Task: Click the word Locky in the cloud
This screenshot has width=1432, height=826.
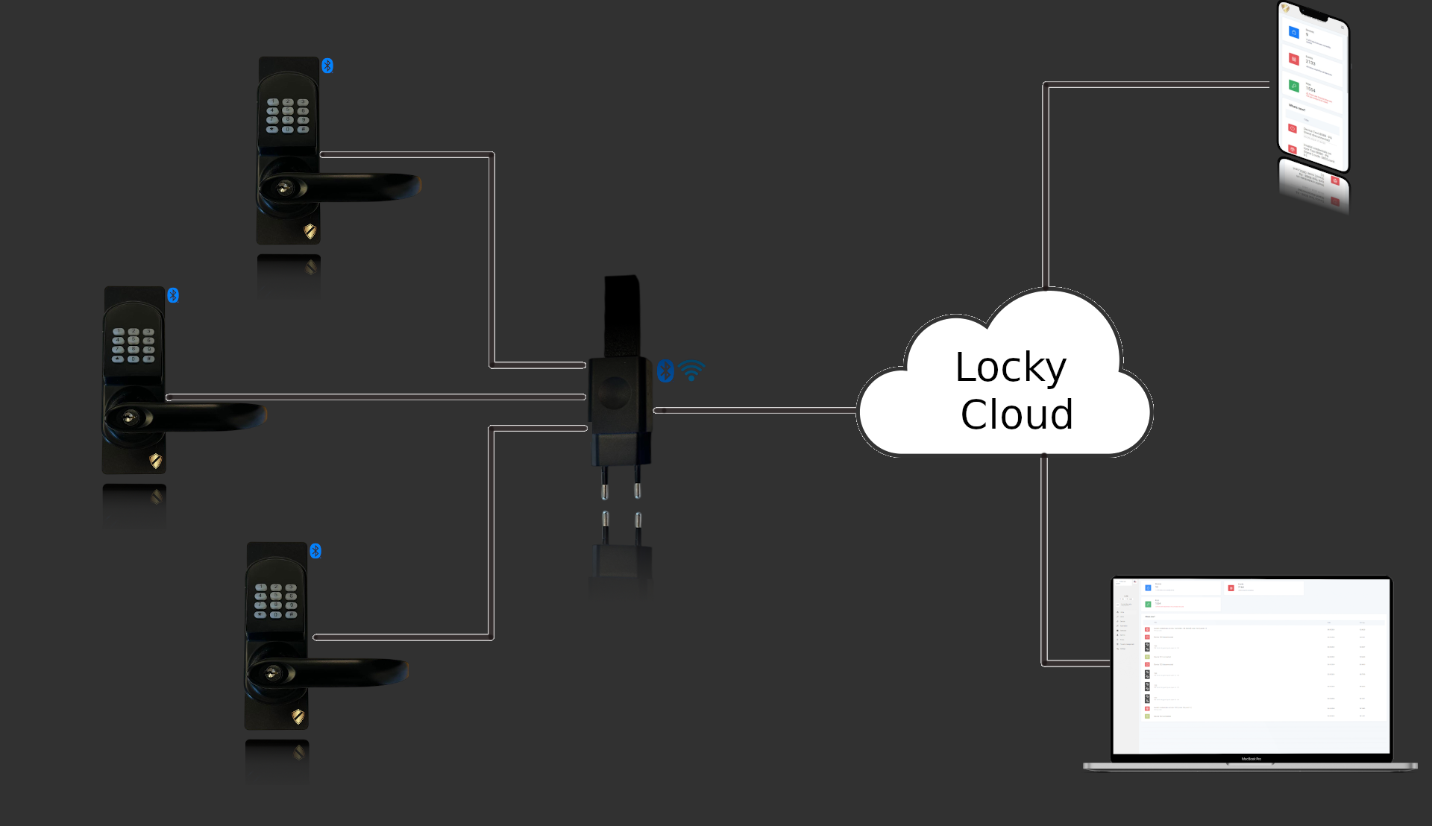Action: click(x=1011, y=368)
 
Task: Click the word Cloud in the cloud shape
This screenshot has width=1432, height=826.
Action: click(x=1017, y=415)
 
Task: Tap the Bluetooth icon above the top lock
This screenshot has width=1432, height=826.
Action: click(x=327, y=66)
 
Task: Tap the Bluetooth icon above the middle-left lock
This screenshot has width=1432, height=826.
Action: click(x=173, y=295)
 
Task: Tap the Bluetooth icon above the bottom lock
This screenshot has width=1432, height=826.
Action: click(x=315, y=551)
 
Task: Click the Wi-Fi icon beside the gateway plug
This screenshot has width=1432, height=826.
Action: click(x=692, y=370)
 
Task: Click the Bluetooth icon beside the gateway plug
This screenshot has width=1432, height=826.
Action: click(x=665, y=371)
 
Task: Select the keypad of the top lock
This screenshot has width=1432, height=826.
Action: click(x=288, y=116)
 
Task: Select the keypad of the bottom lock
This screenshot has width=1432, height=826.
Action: click(x=276, y=601)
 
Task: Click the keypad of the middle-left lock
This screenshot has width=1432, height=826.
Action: click(x=134, y=345)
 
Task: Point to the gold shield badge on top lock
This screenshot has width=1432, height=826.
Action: click(x=310, y=231)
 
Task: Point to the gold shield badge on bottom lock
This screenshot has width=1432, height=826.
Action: click(x=298, y=716)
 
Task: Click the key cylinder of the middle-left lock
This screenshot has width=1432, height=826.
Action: click(x=131, y=417)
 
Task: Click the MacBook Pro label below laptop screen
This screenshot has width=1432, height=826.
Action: click(x=1251, y=759)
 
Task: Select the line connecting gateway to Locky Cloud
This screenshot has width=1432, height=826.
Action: click(x=753, y=410)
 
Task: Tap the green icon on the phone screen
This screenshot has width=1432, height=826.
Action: click(x=1294, y=86)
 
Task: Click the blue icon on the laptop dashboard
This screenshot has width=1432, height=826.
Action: click(x=1148, y=587)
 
